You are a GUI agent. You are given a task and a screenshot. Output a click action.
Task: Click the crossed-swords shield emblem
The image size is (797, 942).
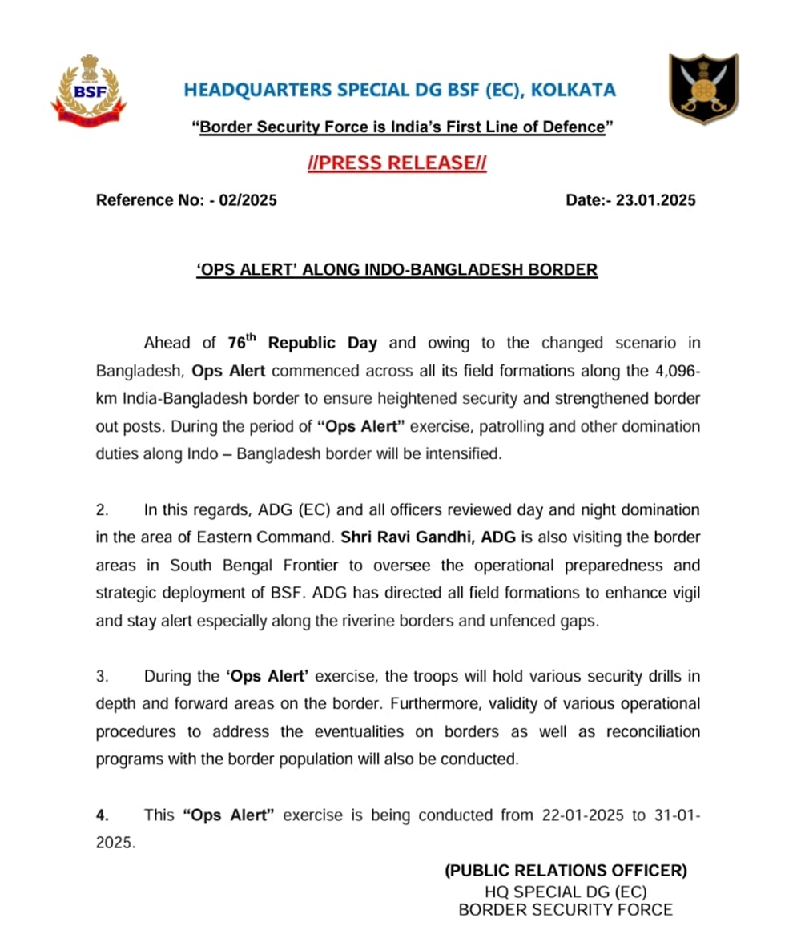point(703,88)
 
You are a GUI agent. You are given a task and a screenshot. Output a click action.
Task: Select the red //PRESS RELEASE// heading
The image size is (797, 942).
point(397,163)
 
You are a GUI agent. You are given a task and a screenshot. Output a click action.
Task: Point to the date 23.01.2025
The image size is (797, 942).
point(655,200)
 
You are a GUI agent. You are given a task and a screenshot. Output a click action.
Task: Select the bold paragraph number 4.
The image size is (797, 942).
point(102,815)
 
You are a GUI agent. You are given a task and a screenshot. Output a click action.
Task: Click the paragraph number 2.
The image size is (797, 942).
point(101,509)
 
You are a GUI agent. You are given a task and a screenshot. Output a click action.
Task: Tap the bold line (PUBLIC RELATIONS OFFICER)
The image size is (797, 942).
point(566,871)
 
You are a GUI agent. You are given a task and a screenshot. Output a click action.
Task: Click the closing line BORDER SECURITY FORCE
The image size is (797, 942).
point(566,909)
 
